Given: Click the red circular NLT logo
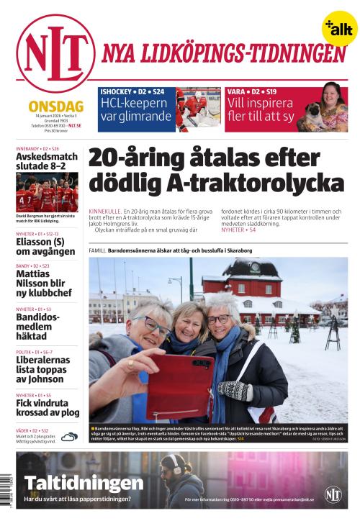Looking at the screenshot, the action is pos(55,53).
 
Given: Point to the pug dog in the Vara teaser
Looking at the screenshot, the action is pos(315,118).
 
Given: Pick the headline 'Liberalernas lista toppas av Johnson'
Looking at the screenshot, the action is pos(48,371).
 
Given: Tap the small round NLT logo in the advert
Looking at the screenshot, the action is pos(333,494).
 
